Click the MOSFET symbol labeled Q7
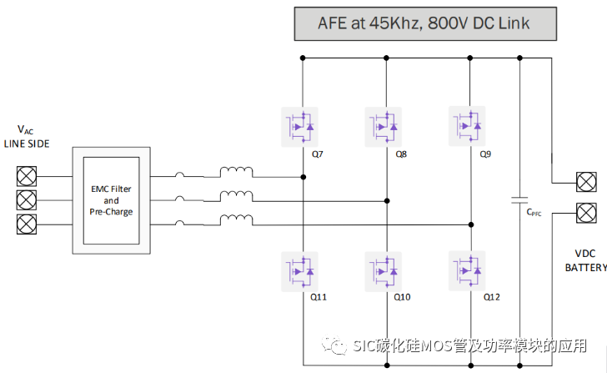tap(302, 127)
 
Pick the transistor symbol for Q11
tap(302, 270)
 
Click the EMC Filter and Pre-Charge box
tap(111, 200)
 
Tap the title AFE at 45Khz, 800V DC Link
tap(424, 23)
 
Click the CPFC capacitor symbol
tap(519, 201)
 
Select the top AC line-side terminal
tap(27, 176)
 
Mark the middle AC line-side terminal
tap(27, 200)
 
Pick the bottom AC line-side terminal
tap(27, 224)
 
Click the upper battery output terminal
tap(587, 183)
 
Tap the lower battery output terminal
tap(587, 212)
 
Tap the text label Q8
tap(401, 154)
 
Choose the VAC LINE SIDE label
tap(27, 136)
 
